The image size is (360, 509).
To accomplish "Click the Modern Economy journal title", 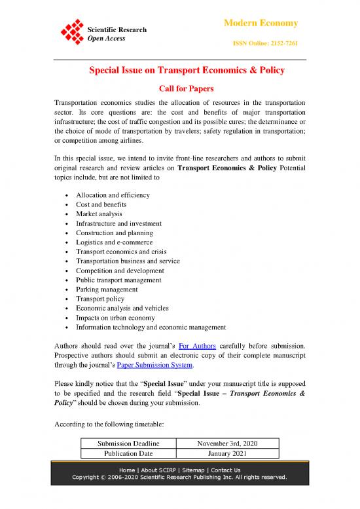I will (x=261, y=23).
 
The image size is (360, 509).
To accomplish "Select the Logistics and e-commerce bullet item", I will (x=115, y=242).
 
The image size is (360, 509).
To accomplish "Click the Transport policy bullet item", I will (x=99, y=299).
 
